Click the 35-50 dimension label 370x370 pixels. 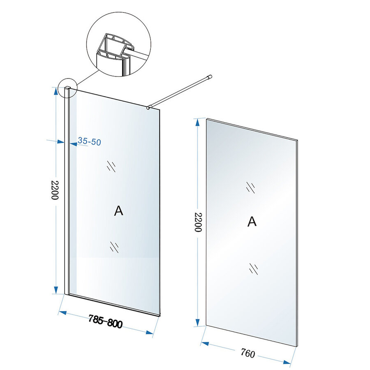point(90,142)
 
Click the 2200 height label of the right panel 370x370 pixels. point(198,222)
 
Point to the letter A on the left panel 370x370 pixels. point(118,211)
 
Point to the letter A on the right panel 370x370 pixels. point(252,222)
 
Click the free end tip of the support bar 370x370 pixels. point(210,76)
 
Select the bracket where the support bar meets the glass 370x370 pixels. point(149,107)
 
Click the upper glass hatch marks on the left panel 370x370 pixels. point(111,166)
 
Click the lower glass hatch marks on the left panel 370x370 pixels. point(114,247)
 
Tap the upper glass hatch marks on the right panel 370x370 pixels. point(250,187)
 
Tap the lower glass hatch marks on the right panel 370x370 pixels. point(253,268)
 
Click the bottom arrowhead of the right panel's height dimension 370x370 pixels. point(198,321)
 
